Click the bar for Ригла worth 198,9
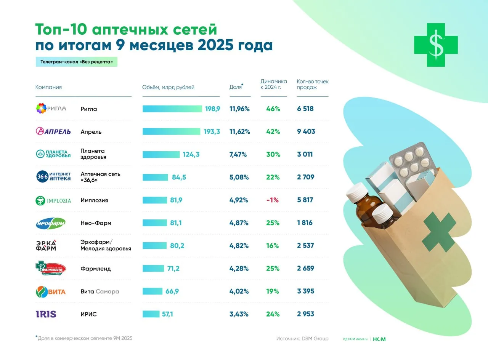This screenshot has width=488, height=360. (172, 109)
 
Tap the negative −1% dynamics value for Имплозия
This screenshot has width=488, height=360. (273, 200)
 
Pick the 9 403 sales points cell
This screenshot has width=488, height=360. (306, 131)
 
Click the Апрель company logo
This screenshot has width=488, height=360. (53, 131)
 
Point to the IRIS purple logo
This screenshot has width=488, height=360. (46, 314)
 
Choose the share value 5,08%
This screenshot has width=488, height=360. (239, 177)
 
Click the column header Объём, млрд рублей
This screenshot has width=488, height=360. (168, 87)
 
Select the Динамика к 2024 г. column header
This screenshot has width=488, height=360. (274, 84)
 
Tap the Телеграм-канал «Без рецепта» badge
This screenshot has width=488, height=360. (76, 62)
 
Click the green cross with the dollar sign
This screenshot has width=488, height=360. (436, 45)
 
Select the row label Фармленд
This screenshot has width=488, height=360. (96, 269)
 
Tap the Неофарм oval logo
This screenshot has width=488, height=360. (51, 223)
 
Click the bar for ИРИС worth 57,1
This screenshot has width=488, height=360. (151, 314)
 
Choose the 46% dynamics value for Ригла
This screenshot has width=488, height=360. (273, 109)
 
